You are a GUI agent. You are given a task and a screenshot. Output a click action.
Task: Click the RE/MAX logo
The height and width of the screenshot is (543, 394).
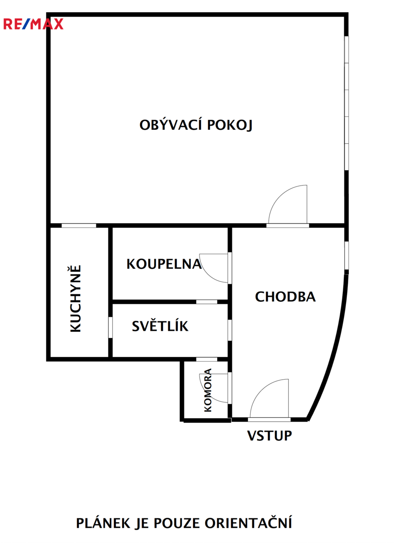tap(33, 24)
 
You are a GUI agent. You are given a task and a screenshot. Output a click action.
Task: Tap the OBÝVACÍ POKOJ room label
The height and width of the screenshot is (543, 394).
tap(196, 125)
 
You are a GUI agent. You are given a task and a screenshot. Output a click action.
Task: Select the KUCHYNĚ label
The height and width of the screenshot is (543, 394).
tap(76, 298)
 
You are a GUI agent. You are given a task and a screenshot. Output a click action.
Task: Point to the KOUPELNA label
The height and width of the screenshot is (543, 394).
tap(164, 264)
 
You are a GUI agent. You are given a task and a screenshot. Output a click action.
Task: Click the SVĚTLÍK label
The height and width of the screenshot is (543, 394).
tap(160, 326)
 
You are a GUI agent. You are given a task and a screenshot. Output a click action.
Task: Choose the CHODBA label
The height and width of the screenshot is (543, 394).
tap(285, 297)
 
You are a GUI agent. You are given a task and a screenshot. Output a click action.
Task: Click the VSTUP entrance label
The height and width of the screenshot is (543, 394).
tap(270, 436)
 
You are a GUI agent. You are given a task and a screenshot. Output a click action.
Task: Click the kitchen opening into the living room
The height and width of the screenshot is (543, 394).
tap(79, 226)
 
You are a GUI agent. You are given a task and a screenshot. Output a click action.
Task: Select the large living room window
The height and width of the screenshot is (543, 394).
tap(347, 103)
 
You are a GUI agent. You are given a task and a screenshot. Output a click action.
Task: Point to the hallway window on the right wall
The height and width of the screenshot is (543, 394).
tap(347, 255)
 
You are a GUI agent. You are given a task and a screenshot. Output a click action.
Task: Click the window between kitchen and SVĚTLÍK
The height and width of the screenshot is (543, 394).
tap(110, 327)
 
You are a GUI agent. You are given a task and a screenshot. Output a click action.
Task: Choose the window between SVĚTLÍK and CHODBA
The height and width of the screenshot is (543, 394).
tap(230, 330)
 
